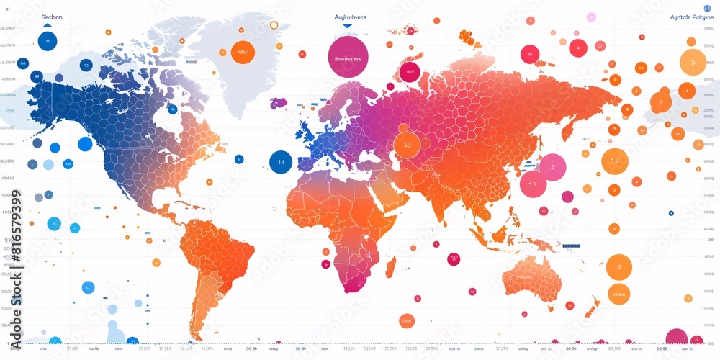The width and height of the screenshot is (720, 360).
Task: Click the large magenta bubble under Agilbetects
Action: coord(348,57)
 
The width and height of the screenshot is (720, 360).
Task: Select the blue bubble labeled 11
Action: coord(281,162)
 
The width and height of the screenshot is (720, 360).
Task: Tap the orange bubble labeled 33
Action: coord(407,144)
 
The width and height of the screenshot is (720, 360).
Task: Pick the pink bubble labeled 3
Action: coord(552,167)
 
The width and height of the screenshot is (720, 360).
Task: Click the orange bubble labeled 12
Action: coord(614,161)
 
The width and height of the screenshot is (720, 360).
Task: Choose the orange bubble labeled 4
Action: coord(618,267)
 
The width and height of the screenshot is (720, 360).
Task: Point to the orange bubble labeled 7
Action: coord(660,102)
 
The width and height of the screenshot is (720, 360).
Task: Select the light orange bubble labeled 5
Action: coord(693,63)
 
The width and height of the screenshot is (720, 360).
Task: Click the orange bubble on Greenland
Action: coord(243,52)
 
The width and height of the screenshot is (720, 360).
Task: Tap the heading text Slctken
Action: coord(52,17)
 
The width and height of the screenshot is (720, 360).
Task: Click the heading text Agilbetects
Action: coord(351,17)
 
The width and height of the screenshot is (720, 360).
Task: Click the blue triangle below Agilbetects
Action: coord(347,26)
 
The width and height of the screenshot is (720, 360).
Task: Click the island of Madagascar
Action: coord(390,269)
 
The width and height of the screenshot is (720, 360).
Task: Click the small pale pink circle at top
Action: coord(591,17)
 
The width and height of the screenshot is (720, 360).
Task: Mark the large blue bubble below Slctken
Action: coord(47,41)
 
